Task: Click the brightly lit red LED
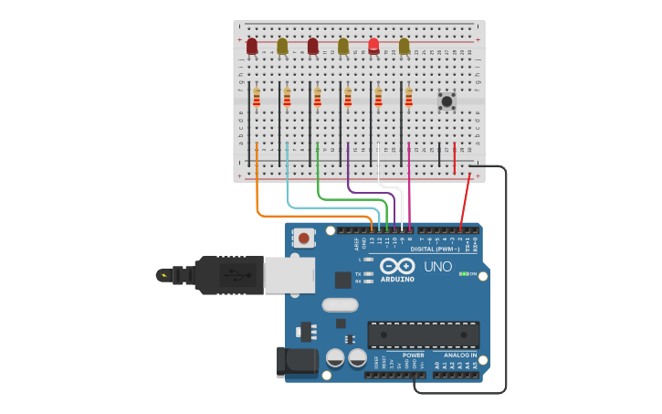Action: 373,45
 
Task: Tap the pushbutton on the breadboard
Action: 447,101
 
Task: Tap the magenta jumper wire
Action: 409,183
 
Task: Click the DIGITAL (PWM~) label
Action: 435,249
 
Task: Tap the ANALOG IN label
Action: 460,356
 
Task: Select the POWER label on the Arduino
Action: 413,356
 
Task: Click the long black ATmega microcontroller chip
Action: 423,334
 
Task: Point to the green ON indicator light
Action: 464,274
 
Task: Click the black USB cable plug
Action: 228,274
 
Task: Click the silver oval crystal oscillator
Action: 340,304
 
